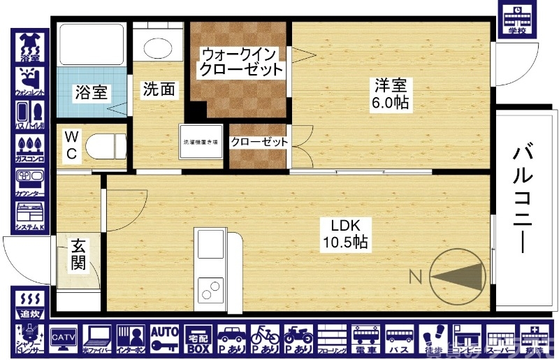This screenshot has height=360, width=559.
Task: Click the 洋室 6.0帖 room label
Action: click(x=391, y=94)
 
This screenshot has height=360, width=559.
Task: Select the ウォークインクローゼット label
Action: click(x=240, y=62)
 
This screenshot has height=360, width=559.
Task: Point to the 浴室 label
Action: click(x=91, y=92)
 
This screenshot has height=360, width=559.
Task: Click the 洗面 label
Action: click(x=159, y=89)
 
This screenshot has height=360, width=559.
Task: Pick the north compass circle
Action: click(x=458, y=276)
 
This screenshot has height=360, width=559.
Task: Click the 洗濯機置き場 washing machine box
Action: click(x=201, y=143)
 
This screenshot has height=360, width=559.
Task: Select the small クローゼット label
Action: click(x=259, y=142)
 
